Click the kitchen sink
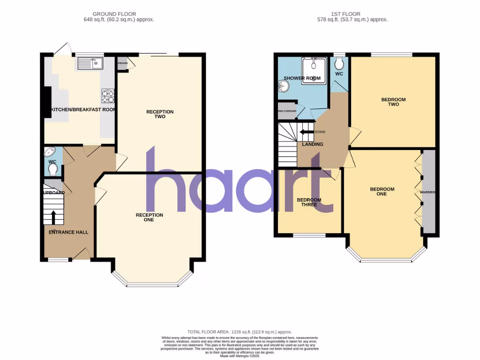point(90,63)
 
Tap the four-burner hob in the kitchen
point(107,96)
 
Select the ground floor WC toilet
point(53,169)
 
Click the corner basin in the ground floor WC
point(50,151)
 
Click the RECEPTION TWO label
point(160,114)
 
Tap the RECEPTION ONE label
point(150,217)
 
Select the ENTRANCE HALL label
point(68,232)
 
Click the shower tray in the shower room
point(313,71)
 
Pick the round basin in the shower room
point(283,86)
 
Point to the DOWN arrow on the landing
point(307,132)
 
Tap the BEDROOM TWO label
point(393,102)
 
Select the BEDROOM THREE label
point(309,202)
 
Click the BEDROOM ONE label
point(382,192)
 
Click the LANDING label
point(313,144)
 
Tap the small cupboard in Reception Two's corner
point(122,63)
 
